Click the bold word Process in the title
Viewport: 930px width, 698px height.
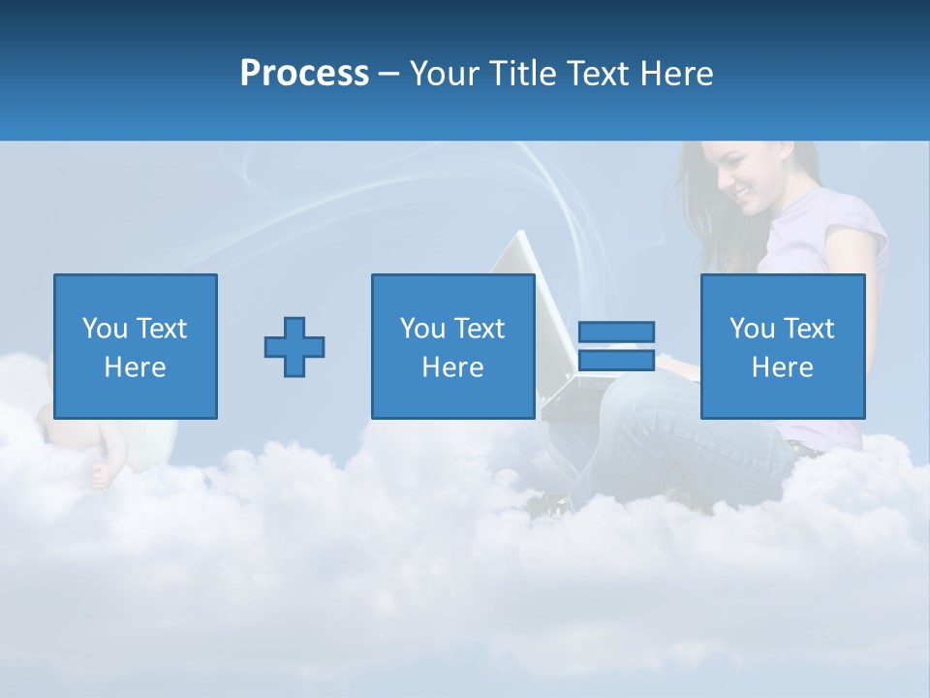[x=304, y=74]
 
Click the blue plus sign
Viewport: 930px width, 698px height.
[x=294, y=347]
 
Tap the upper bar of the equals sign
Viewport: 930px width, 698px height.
[x=616, y=332]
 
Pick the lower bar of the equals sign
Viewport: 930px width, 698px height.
[x=616, y=361]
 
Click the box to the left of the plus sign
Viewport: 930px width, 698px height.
[x=136, y=346]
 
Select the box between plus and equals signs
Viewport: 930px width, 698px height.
[x=453, y=346]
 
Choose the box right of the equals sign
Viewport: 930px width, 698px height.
[x=783, y=346]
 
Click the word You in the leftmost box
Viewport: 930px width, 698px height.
[x=105, y=329]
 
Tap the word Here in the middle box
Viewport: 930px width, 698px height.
[x=453, y=367]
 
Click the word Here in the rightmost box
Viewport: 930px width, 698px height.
[x=783, y=367]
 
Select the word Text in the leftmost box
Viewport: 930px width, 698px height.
[x=161, y=329]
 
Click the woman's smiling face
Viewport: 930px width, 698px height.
[x=746, y=184]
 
